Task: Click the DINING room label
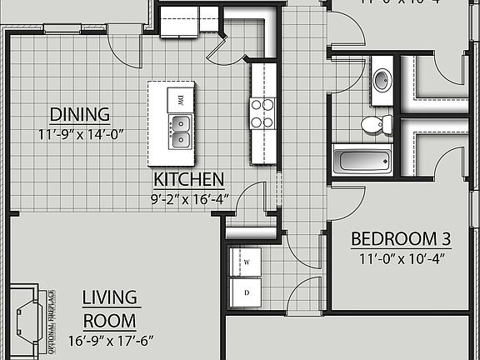point(79,114)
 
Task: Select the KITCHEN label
point(188,179)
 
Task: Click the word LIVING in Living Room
point(111,298)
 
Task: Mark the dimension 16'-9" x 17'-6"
point(117,340)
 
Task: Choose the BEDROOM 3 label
point(401,239)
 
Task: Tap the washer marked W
point(246,262)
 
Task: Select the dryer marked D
point(246,292)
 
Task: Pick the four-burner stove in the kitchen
point(262,112)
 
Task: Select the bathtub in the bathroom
point(362,160)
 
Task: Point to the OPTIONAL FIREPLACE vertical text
point(52,320)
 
